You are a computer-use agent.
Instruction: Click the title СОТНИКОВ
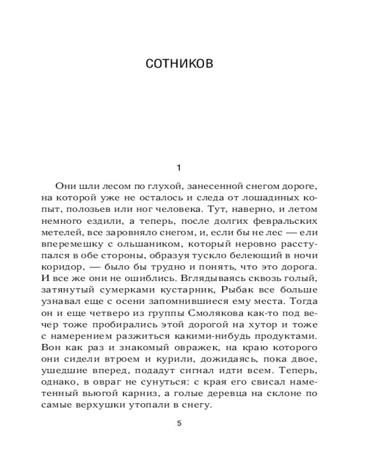point(180,63)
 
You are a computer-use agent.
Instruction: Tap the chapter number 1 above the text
point(179,167)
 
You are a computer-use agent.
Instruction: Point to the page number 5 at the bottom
point(179,423)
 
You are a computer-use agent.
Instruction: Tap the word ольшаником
point(150,244)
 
